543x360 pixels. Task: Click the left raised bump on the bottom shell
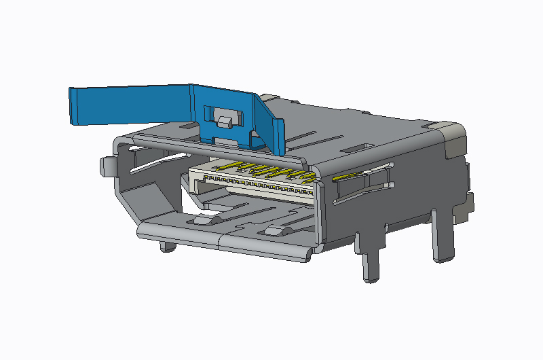pyautogui.click(x=204, y=219)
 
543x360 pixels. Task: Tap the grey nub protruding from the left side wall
pyautogui.click(x=105, y=164)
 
